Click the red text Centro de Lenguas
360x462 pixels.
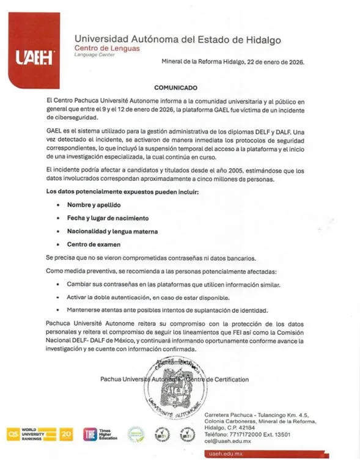(106, 48)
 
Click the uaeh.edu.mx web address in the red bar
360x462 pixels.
(227, 454)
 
